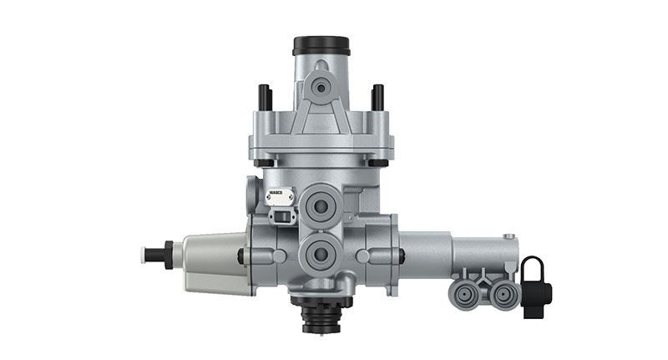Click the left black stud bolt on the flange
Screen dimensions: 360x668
(x=266, y=97)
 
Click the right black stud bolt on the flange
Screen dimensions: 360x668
(x=377, y=97)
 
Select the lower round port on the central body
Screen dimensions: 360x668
(x=321, y=251)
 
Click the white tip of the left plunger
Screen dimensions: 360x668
(x=150, y=254)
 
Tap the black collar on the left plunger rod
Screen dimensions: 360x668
(x=169, y=254)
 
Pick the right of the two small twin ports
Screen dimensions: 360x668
(x=501, y=292)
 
